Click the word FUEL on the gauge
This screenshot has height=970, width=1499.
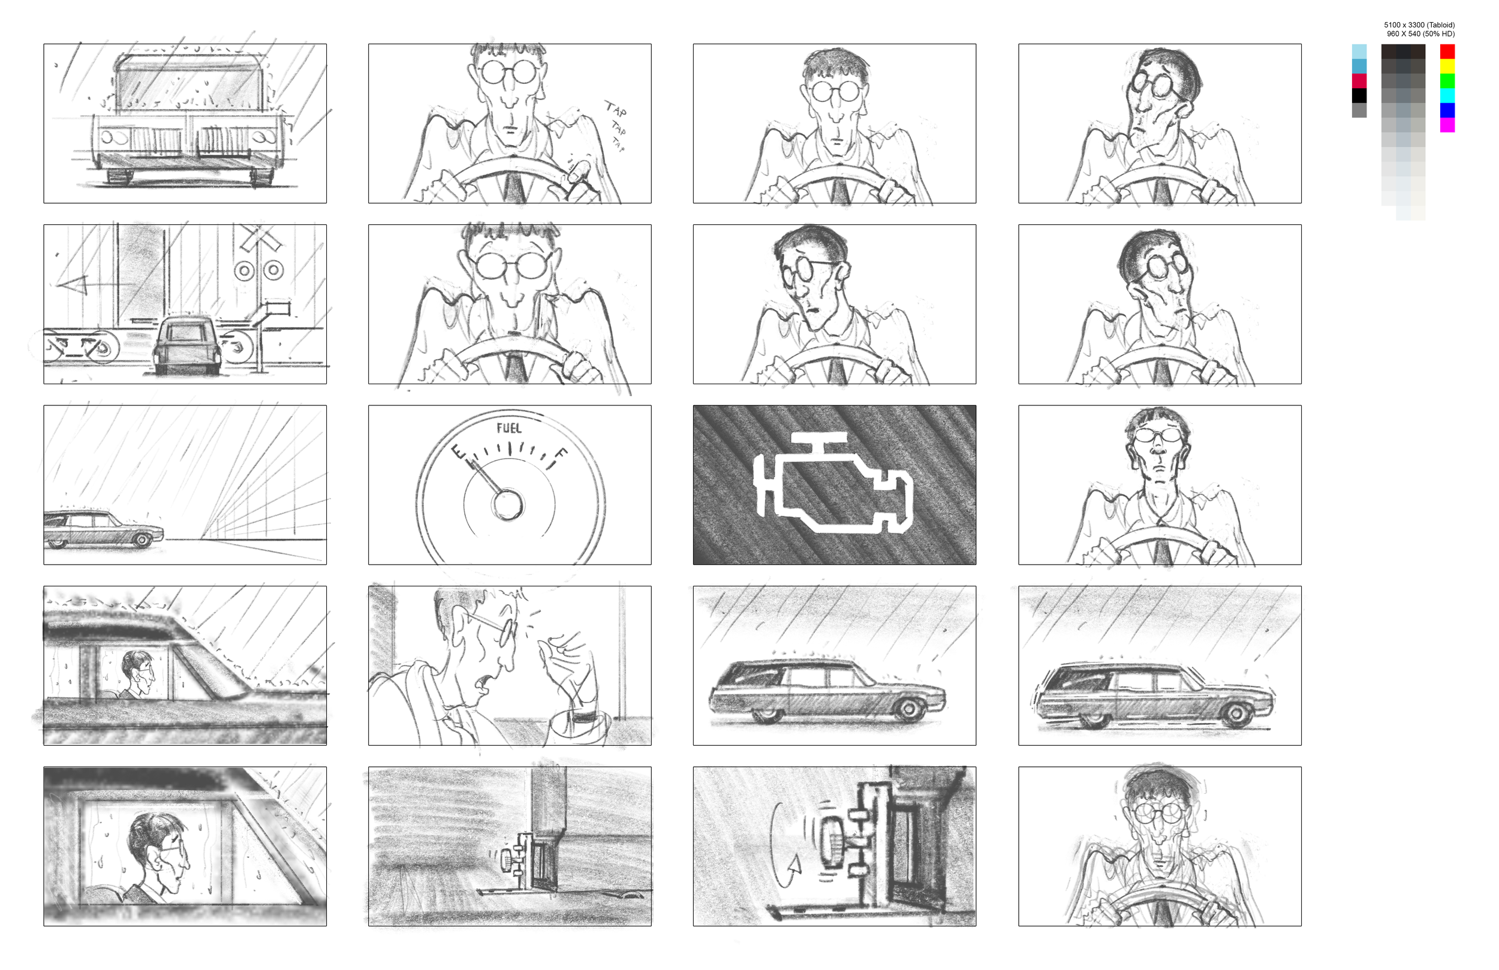tap(509, 428)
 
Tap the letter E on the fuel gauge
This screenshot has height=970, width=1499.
tap(458, 452)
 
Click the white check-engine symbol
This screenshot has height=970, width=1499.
tap(833, 483)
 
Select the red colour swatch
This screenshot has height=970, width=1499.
tap(1447, 51)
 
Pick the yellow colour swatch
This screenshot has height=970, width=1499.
tap(1447, 66)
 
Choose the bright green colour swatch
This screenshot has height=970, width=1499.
tap(1447, 80)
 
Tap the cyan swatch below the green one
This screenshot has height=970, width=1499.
tap(1447, 95)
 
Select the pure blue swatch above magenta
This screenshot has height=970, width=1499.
tap(1447, 110)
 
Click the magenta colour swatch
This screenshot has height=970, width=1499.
tap(1447, 125)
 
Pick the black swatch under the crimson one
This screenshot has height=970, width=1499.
tap(1359, 95)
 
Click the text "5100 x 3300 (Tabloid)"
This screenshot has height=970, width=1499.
tap(1419, 25)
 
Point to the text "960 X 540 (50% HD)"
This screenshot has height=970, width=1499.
tap(1420, 34)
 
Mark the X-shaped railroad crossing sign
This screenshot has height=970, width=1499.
tap(259, 238)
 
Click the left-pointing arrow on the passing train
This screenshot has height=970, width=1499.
tap(95, 284)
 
